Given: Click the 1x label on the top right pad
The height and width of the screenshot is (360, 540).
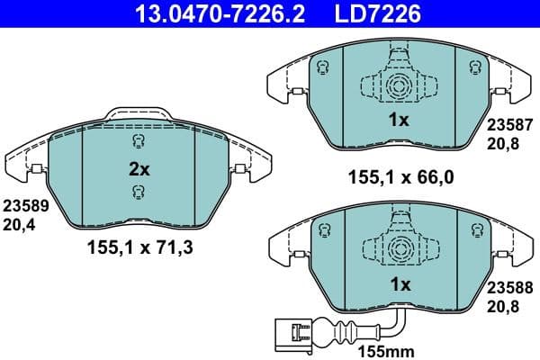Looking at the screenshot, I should pos(400,119).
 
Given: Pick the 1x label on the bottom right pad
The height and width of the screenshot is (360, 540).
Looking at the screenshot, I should pos(400,284).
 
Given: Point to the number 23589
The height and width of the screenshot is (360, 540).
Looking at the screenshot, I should pos(25,204).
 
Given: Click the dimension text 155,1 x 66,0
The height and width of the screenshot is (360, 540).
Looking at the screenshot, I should pos(400,177).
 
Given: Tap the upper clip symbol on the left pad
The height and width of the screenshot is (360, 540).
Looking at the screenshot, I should pos(137,143).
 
